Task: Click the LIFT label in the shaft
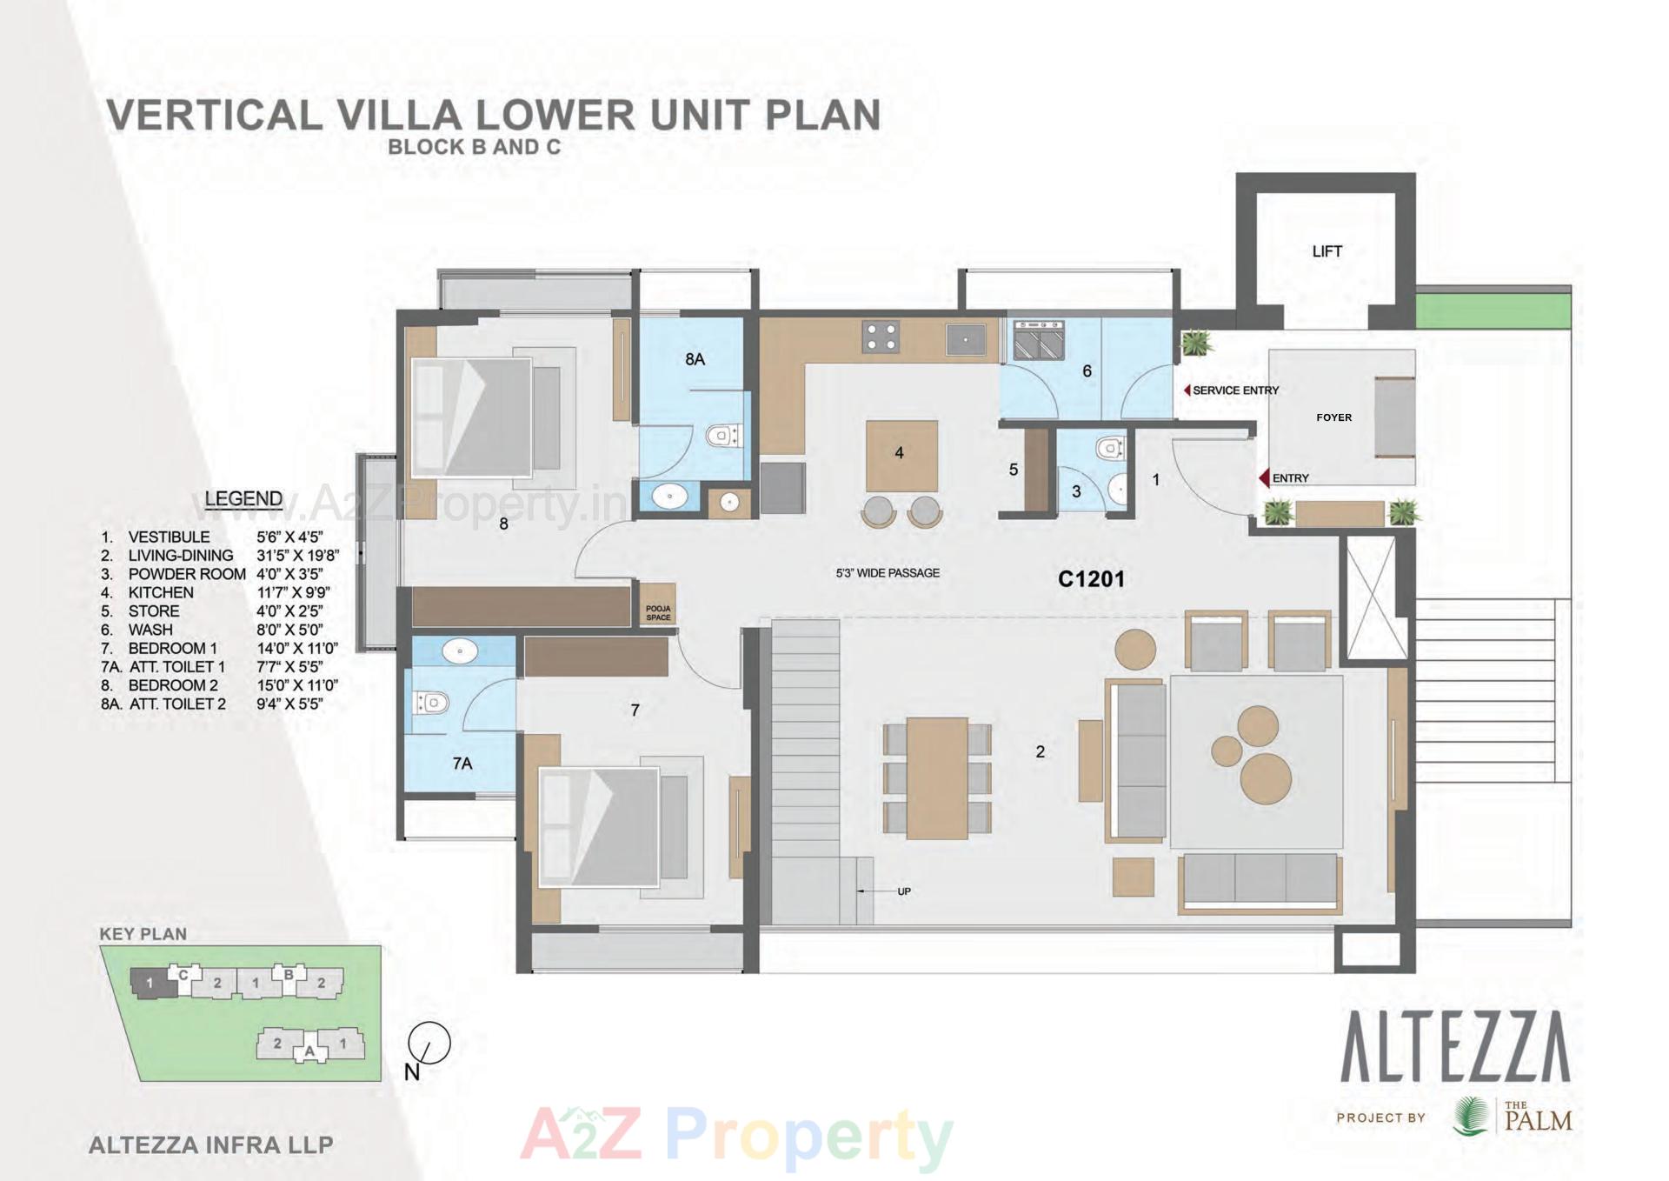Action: point(1327,251)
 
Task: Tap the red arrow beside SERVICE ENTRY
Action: point(1187,390)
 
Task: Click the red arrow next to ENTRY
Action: point(1264,477)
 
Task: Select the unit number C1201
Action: point(1091,579)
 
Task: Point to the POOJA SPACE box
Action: point(658,612)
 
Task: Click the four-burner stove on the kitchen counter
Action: point(880,337)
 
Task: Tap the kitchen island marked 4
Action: point(901,456)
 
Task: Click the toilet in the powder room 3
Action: point(1108,449)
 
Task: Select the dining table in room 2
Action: point(936,777)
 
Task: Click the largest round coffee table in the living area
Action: point(1266,777)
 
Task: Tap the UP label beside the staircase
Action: point(903,891)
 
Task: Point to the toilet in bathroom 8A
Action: point(721,435)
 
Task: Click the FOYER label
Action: point(1333,417)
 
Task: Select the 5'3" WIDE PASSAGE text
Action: point(887,573)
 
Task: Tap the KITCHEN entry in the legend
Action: point(161,592)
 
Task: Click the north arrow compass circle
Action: point(429,1043)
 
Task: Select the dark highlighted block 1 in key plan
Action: point(151,983)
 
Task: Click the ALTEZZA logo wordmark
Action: point(1455,1047)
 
